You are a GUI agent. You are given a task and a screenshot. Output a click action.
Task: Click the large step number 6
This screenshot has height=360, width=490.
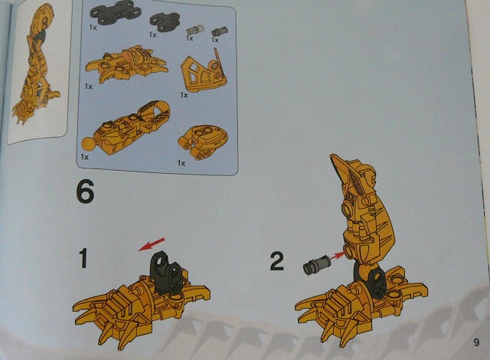point(85,192)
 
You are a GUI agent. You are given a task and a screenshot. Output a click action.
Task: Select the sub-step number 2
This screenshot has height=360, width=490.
point(277,261)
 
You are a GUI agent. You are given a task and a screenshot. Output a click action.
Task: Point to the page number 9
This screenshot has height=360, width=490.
point(476,342)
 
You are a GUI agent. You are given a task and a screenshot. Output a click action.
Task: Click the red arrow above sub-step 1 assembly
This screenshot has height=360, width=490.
point(152,244)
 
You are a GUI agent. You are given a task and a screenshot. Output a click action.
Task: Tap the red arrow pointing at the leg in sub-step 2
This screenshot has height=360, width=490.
point(338,256)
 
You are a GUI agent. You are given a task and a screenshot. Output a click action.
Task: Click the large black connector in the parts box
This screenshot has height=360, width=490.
point(116,12)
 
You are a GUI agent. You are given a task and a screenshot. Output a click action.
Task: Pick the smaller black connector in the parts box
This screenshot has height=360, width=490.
point(165,22)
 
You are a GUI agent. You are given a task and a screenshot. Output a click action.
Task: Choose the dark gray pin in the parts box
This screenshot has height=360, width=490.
point(220,31)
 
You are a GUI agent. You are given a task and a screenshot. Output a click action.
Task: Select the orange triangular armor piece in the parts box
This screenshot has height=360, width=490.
point(204,71)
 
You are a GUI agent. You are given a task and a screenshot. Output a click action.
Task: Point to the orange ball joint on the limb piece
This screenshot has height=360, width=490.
point(89,146)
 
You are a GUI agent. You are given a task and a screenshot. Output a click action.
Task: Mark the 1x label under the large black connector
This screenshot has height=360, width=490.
point(93,27)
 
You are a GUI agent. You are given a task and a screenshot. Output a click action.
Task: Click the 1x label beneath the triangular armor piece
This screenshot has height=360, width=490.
point(184,95)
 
